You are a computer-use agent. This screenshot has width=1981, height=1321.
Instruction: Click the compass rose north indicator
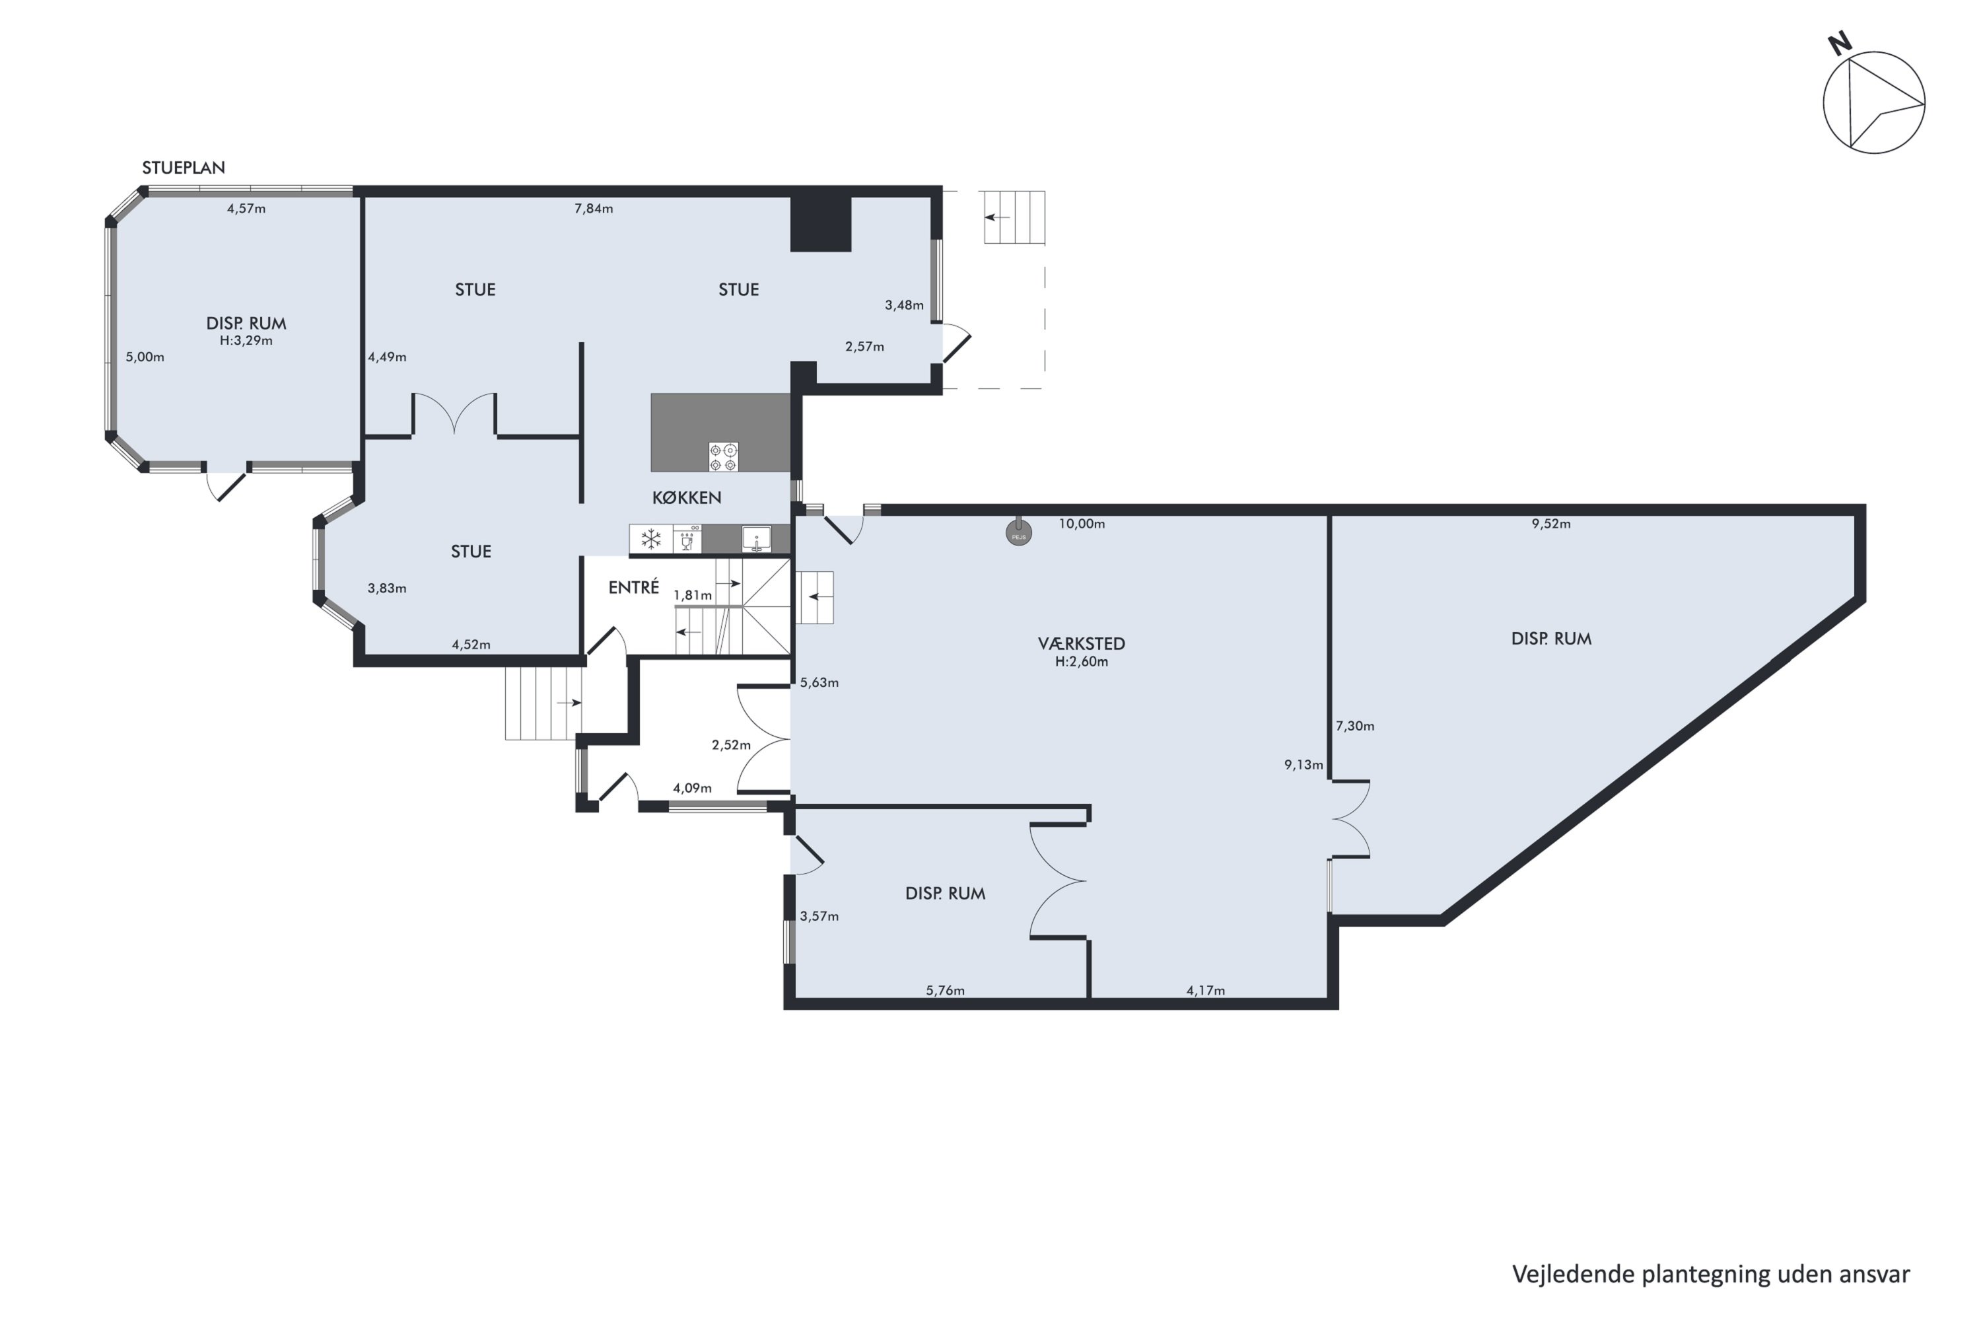click(x=1874, y=102)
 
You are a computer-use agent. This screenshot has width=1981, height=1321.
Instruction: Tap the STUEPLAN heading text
click(x=184, y=168)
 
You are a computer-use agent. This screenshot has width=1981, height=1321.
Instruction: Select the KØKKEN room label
click(x=687, y=498)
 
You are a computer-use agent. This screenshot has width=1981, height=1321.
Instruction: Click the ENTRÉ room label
click(x=633, y=587)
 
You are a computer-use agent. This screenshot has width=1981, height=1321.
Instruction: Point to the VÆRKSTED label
click(x=1082, y=643)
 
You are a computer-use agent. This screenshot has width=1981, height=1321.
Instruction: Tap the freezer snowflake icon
click(x=651, y=539)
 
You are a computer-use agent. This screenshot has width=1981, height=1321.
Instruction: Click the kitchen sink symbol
click(x=756, y=539)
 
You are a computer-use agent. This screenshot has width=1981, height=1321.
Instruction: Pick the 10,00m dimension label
click(x=1082, y=524)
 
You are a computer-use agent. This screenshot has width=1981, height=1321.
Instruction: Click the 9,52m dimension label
click(x=1550, y=524)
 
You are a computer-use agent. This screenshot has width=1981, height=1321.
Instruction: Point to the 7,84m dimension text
click(x=594, y=209)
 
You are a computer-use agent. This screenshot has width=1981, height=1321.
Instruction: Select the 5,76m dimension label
click(x=945, y=991)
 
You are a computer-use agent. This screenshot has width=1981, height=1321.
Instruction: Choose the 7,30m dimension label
click(x=1355, y=726)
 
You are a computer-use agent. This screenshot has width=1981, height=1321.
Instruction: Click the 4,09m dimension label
click(x=692, y=789)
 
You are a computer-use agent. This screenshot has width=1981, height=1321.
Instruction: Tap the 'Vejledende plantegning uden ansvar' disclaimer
click(x=1711, y=1275)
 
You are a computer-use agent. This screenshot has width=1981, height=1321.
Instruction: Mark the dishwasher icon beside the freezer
click(x=687, y=539)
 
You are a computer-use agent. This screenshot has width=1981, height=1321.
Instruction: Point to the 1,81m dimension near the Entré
click(x=692, y=596)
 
